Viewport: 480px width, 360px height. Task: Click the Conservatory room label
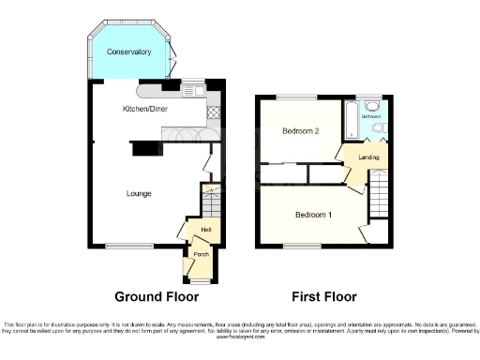pyautogui.click(x=128, y=52)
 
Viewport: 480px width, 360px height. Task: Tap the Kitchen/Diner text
pyautogui.click(x=145, y=110)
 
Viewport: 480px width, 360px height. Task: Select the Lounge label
pyautogui.click(x=140, y=193)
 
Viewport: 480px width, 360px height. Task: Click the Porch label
pyautogui.click(x=201, y=254)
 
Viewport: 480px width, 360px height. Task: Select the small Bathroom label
pyautogui.click(x=372, y=116)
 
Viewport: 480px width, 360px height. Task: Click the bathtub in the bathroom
pyautogui.click(x=352, y=119)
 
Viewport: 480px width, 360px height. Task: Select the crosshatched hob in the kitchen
pyautogui.click(x=212, y=112)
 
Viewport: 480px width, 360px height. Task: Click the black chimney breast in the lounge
pyautogui.click(x=145, y=149)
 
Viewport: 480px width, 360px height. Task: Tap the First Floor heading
pyautogui.click(x=323, y=297)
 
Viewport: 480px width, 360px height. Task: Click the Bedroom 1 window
pyautogui.click(x=301, y=247)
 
